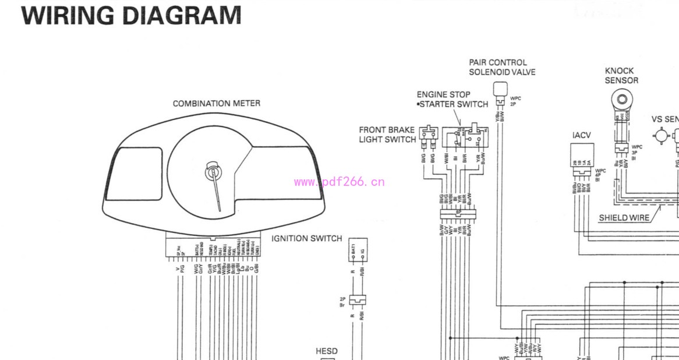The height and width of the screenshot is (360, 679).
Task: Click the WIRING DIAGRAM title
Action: pyautogui.click(x=131, y=15)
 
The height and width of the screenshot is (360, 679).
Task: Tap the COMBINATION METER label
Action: pyautogui.click(x=216, y=104)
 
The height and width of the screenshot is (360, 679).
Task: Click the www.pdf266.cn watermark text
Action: pyautogui.click(x=339, y=182)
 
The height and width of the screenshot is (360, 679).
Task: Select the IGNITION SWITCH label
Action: pyautogui.click(x=306, y=239)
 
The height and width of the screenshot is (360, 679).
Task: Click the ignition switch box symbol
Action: pyautogui.click(x=358, y=250)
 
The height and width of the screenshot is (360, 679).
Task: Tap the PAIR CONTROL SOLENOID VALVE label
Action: pyautogui.click(x=502, y=67)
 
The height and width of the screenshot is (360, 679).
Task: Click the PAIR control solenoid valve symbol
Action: pyautogui.click(x=500, y=90)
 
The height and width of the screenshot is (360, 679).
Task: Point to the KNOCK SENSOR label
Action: pyautogui.click(x=621, y=76)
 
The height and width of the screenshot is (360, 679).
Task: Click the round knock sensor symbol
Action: pyautogui.click(x=622, y=99)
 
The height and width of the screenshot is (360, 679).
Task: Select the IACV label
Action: pyautogui.click(x=581, y=135)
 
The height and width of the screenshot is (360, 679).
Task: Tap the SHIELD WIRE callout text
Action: pyautogui.click(x=624, y=218)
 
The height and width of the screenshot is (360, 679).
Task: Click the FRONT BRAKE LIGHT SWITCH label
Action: pyautogui.click(x=387, y=135)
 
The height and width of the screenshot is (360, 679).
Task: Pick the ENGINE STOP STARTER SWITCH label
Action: pyautogui.click(x=452, y=99)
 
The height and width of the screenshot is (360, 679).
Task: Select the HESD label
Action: pyautogui.click(x=327, y=351)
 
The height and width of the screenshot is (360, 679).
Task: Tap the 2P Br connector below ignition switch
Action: pyautogui.click(x=358, y=300)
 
